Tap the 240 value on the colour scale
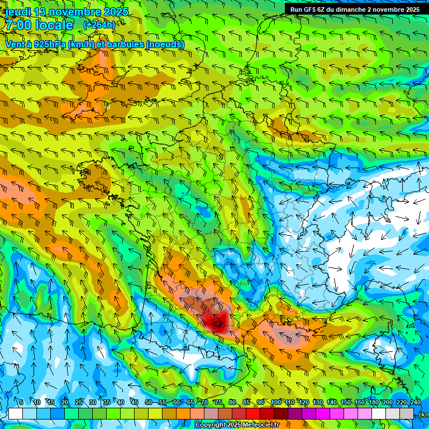[x=415, y=402]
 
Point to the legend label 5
[x=21, y=402]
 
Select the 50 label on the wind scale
[x=149, y=402]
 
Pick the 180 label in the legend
[x=373, y=402]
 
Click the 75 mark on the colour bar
[x=218, y=402]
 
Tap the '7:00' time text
[x=17, y=25]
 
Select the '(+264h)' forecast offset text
[x=99, y=25]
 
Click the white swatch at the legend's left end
[x=16, y=413]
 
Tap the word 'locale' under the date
[x=53, y=25]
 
